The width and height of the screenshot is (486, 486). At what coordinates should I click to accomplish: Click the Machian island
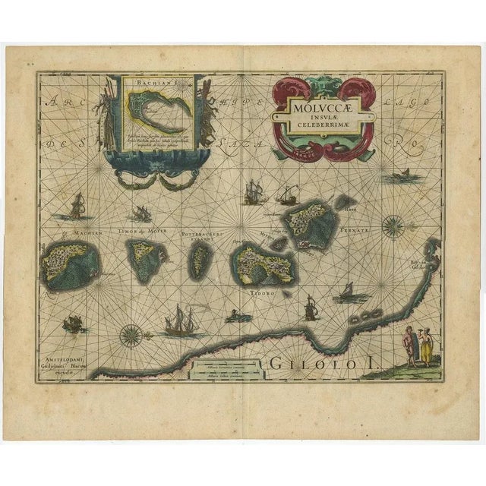coord(73,263)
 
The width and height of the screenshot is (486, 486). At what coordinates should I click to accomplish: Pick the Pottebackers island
coord(200,259)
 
